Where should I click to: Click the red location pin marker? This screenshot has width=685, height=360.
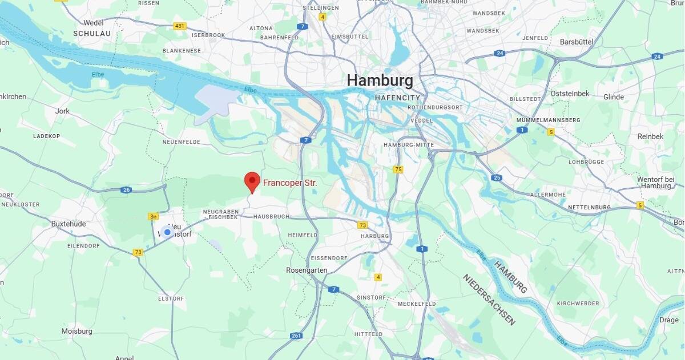[252, 181]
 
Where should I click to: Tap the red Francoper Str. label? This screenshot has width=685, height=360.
[290, 184]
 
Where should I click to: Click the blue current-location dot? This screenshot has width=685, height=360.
[167, 232]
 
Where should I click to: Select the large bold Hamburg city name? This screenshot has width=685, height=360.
[380, 80]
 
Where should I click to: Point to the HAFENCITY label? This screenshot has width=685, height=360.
[398, 98]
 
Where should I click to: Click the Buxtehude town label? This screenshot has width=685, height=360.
[68, 224]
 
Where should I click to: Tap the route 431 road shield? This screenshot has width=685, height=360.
[180, 26]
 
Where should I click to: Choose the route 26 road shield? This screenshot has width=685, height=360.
[127, 190]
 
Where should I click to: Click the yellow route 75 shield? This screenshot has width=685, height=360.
[398, 169]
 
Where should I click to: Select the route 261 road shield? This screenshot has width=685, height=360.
[296, 336]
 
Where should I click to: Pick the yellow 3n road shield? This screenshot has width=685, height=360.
[153, 216]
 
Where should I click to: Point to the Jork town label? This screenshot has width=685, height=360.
[63, 111]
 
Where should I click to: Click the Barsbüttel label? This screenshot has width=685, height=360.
[577, 42]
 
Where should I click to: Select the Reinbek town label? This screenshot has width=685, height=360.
[650, 136]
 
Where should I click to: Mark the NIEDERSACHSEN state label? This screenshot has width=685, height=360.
[489, 300]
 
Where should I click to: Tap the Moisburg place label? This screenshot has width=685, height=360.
[77, 331]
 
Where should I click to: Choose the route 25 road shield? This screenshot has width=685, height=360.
[497, 178]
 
